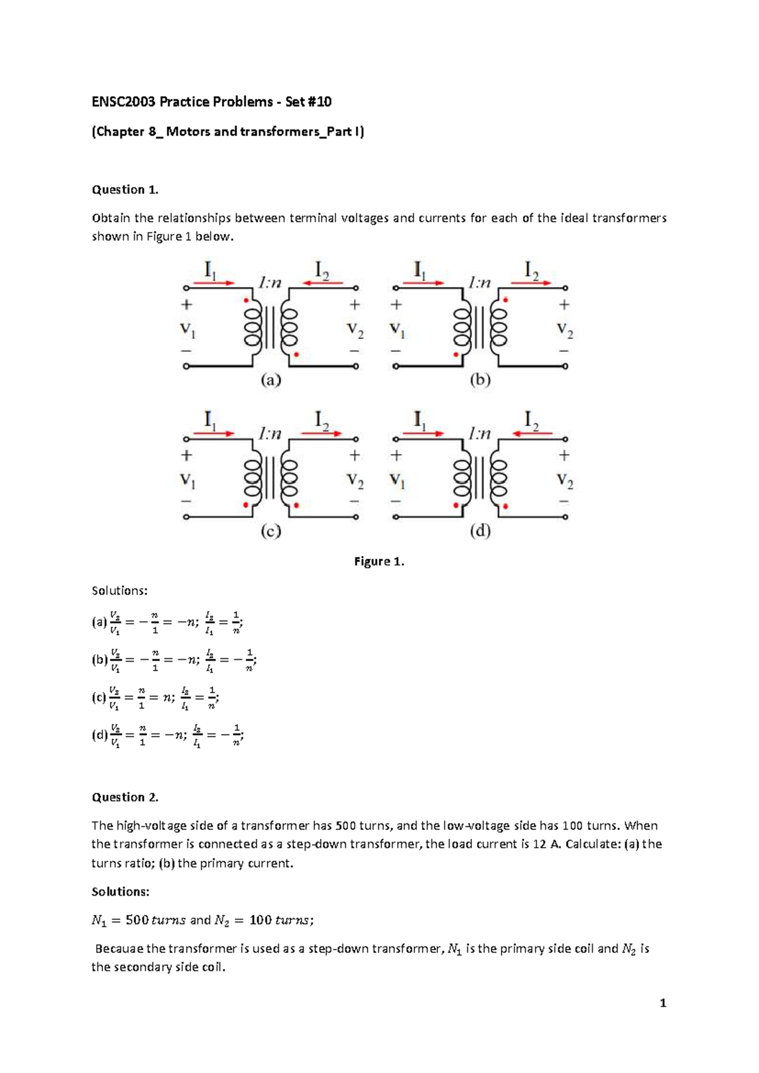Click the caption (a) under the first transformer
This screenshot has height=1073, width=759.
pos(271,380)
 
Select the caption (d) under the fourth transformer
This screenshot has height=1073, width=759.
pos(480,531)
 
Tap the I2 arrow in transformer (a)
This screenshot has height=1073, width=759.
pos(323,283)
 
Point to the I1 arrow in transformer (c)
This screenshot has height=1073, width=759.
pos(213,433)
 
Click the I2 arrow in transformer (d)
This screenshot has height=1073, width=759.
pos(532,433)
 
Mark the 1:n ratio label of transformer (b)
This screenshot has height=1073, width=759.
pos(479,283)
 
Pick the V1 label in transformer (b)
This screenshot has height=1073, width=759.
pos(397,330)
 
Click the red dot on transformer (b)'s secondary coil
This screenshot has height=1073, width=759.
pos(505,301)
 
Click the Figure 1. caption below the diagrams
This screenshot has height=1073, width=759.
pos(379,561)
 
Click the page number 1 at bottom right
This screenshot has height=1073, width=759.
pos(663,1003)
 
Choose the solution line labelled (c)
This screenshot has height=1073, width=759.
pos(155,698)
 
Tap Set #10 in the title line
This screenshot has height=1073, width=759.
pos(308,102)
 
